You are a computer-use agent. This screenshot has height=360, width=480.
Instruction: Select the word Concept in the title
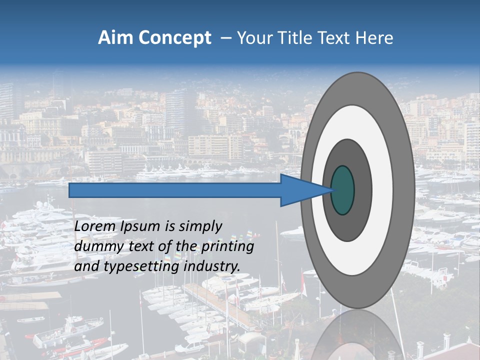tap(174, 38)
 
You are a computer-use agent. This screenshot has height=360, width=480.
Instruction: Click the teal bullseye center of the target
tap(343, 190)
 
